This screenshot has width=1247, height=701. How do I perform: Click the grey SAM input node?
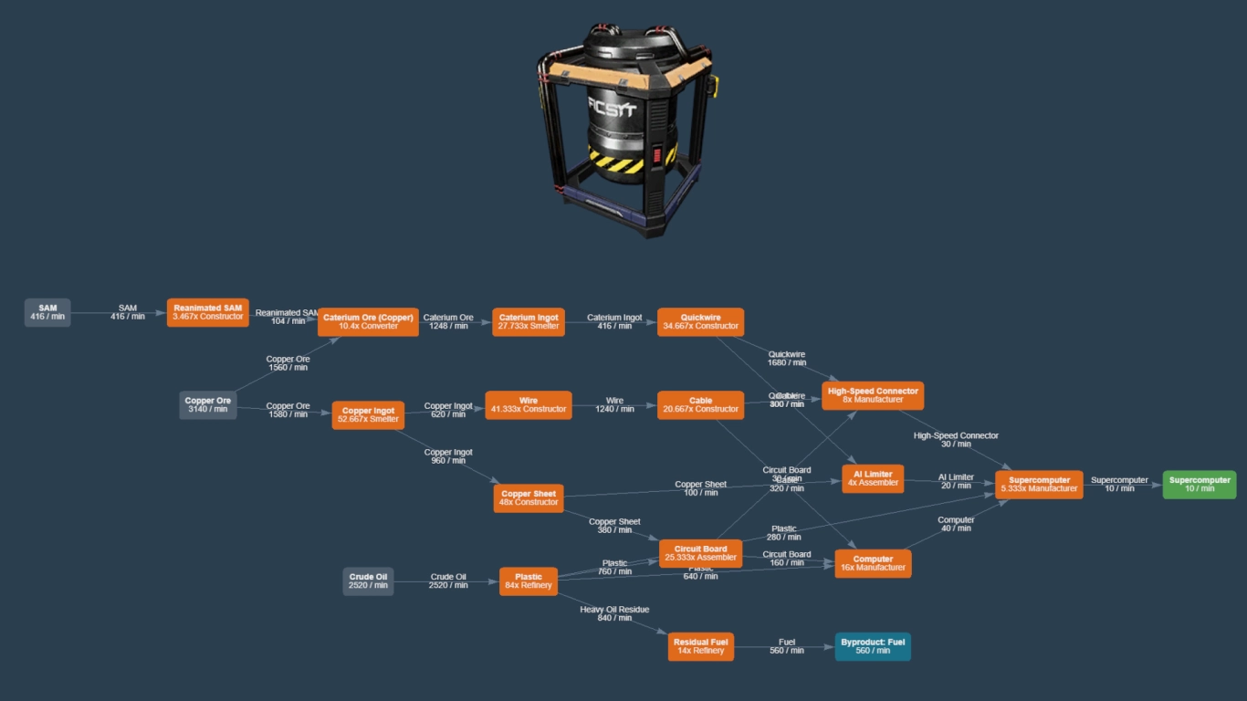47,312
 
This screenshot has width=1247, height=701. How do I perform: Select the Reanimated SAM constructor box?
208,312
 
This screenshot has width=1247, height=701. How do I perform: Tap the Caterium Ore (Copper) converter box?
368,321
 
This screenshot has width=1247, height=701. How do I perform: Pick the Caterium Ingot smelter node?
529,321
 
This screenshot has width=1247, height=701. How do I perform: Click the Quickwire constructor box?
700,321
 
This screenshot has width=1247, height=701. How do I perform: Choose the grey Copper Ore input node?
208,404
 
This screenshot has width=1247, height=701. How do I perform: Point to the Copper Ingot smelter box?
368,415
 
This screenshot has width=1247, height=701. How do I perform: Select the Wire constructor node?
529,404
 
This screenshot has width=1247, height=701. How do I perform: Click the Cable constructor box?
700,404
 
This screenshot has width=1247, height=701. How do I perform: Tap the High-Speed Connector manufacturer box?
873,395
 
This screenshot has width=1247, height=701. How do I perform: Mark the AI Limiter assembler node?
873,478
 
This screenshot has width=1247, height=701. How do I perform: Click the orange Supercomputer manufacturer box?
1039,484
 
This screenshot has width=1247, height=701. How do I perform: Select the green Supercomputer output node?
1200,484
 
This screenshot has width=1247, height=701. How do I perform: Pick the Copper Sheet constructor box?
529,497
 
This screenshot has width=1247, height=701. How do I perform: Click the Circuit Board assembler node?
700,553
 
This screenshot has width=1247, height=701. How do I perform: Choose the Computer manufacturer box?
873,563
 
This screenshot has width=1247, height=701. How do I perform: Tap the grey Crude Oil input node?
368,581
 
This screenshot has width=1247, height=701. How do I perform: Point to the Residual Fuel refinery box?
700,646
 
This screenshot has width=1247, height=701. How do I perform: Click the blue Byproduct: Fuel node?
873,646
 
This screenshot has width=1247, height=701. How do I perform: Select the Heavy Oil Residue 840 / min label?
614,613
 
